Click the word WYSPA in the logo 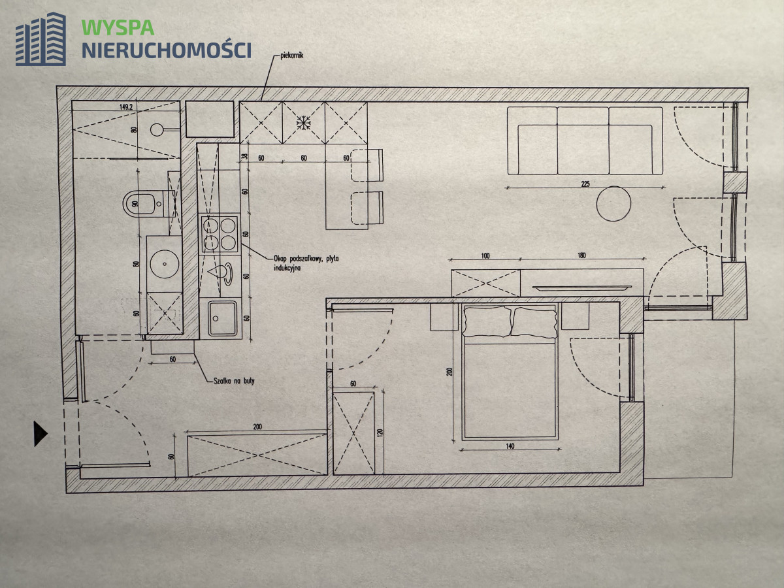point(118,27)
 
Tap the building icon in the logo point(41,39)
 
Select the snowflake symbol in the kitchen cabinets point(303,122)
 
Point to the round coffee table point(613,204)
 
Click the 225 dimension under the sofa point(585,184)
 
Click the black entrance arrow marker point(41,433)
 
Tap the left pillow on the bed point(487,321)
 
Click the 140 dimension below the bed point(510,446)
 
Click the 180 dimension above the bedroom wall point(582,255)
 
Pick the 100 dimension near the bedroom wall point(484,255)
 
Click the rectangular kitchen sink point(223,318)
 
